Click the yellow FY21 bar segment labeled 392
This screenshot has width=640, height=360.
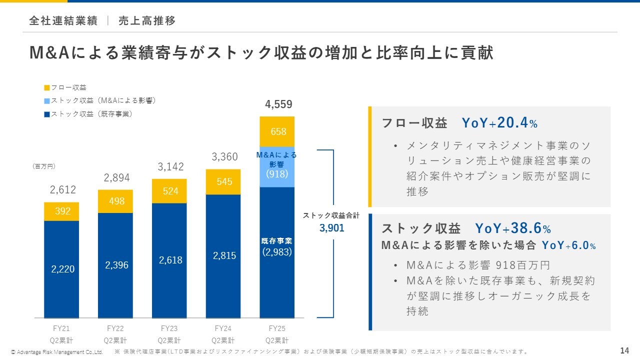[61, 211]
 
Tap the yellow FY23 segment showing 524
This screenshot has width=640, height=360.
[169, 191]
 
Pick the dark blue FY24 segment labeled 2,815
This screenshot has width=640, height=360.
[223, 255]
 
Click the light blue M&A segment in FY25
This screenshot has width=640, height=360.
[277, 166]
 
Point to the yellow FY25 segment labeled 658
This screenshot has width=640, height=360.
[277, 131]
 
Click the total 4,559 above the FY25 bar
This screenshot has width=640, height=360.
[278, 104]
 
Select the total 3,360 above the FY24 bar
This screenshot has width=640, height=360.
[224, 157]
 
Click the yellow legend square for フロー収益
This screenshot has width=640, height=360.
[47, 88]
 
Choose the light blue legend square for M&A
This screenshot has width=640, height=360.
[47, 101]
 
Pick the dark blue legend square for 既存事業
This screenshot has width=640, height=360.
[47, 114]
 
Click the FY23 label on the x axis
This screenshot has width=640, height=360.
[169, 329]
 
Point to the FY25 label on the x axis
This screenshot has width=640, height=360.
[277, 329]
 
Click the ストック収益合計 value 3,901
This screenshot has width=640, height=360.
[331, 228]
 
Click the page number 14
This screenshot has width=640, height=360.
[624, 349]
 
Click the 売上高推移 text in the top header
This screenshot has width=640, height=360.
[147, 21]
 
